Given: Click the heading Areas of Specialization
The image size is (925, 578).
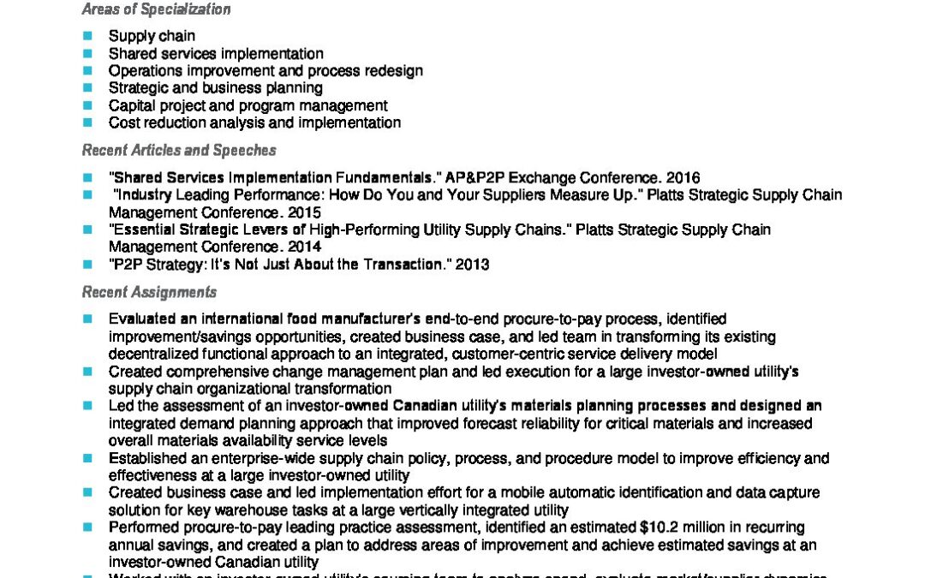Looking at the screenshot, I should (x=156, y=9).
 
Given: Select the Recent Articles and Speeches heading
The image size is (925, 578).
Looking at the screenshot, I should (x=178, y=150).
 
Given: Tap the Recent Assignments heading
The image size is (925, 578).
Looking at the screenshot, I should (x=149, y=292).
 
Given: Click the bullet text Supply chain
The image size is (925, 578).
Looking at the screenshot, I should (x=152, y=36).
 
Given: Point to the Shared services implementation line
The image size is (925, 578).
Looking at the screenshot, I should (x=216, y=53).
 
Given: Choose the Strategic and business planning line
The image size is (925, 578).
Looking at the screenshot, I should (x=215, y=88).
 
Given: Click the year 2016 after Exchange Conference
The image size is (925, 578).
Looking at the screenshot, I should (x=683, y=178).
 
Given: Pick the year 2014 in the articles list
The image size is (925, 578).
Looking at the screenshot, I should (x=304, y=247).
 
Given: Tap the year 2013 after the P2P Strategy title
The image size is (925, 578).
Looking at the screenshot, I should (x=472, y=265).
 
